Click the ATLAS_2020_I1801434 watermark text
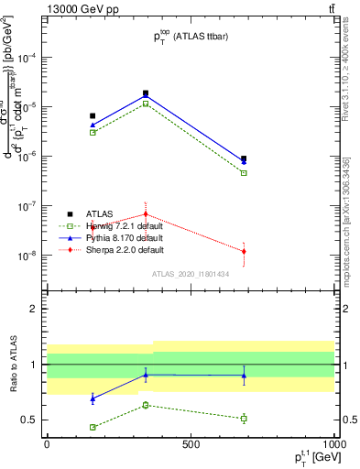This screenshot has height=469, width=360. click(191, 274)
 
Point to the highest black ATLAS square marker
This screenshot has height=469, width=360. click(146, 93)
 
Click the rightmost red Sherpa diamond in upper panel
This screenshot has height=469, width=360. click(244, 251)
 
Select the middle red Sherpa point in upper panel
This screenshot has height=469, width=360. click(146, 214)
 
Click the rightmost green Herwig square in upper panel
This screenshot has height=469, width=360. click(244, 172)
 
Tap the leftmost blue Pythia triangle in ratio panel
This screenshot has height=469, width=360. click(93, 398)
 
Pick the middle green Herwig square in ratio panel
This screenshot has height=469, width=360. click(146, 405)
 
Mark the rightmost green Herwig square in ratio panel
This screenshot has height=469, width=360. click(244, 419)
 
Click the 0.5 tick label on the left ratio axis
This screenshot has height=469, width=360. click(31, 420)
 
